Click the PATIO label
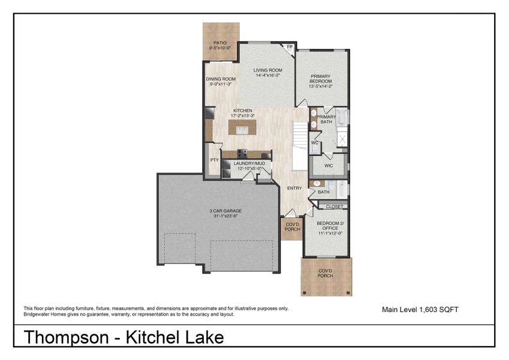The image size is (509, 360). tap(221, 43)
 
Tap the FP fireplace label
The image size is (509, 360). tap(290, 47)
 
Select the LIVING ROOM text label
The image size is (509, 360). tap(267, 70)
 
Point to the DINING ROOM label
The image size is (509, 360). tap(221, 79)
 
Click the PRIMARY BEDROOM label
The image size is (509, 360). tap(321, 76)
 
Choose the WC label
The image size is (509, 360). tap(314, 143)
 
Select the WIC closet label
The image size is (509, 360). tap(329, 165)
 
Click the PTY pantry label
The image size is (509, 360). tap(214, 161)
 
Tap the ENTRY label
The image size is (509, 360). tap(294, 188)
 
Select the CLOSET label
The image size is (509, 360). tap(335, 206)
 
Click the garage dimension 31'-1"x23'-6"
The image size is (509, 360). tap(218, 216)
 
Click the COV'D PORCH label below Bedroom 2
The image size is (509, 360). tap(326, 274)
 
